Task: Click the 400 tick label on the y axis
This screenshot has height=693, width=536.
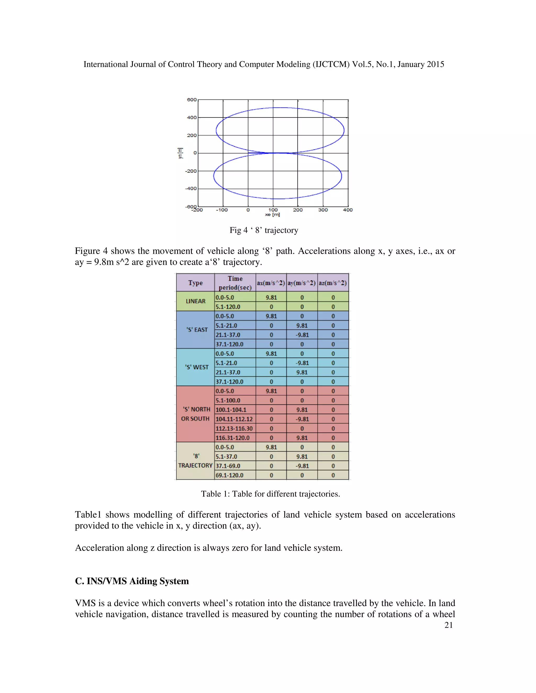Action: click(192, 118)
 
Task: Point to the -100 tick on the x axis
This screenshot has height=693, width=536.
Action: click(222, 210)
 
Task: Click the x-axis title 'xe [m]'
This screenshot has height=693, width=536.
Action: click(272, 215)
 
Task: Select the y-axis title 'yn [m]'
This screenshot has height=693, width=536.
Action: click(180, 153)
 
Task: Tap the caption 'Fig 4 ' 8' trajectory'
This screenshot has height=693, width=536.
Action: click(264, 230)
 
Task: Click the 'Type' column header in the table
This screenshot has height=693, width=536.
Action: click(195, 283)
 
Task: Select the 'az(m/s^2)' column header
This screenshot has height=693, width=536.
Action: click(333, 283)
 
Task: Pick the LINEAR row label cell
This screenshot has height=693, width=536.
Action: click(196, 301)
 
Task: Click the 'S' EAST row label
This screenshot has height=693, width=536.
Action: click(197, 330)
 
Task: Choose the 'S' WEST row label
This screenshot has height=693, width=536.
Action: click(197, 367)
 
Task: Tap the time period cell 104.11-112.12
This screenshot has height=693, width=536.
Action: click(234, 419)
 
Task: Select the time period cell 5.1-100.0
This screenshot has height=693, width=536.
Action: click(228, 400)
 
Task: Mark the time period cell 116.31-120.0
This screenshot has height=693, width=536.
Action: click(232, 438)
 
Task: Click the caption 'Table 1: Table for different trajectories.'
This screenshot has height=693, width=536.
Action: click(270, 494)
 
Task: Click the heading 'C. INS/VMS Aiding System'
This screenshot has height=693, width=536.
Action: click(132, 581)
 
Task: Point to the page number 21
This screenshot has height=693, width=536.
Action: click(448, 625)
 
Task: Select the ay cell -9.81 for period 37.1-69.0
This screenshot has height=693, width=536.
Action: click(302, 466)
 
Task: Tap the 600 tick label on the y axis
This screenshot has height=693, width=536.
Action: click(192, 100)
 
